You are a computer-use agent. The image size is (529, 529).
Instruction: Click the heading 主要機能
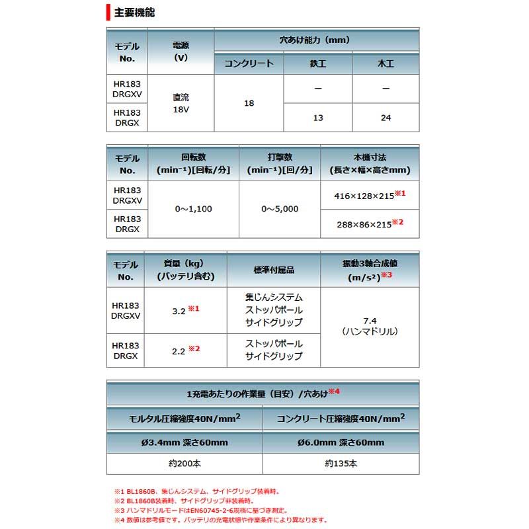pos(135,12)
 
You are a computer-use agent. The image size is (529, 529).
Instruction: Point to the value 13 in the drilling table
pos(317,118)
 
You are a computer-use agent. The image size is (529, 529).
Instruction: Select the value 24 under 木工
pos(386,118)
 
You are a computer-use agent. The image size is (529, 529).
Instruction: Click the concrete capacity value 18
pos(249,103)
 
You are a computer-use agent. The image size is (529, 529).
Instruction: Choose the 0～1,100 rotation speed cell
pos(193,209)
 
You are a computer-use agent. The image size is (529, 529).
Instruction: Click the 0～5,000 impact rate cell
pos(280,209)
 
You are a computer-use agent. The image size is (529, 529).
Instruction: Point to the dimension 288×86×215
pos(362,223)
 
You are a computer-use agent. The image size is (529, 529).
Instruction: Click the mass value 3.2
pos(179,309)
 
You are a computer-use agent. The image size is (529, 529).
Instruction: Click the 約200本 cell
pos(184,464)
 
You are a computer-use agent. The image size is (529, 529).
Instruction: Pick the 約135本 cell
pos(341,464)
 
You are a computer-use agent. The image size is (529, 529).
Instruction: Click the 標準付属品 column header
pos(273,270)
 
